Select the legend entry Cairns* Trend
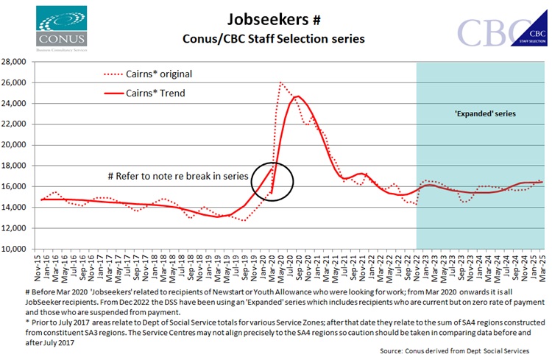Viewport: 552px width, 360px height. tap(146, 93)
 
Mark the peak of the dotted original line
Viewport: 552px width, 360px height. tap(281, 82)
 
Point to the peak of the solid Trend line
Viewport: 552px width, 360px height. tap(296, 96)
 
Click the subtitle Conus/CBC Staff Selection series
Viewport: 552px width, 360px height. tap(273, 39)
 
